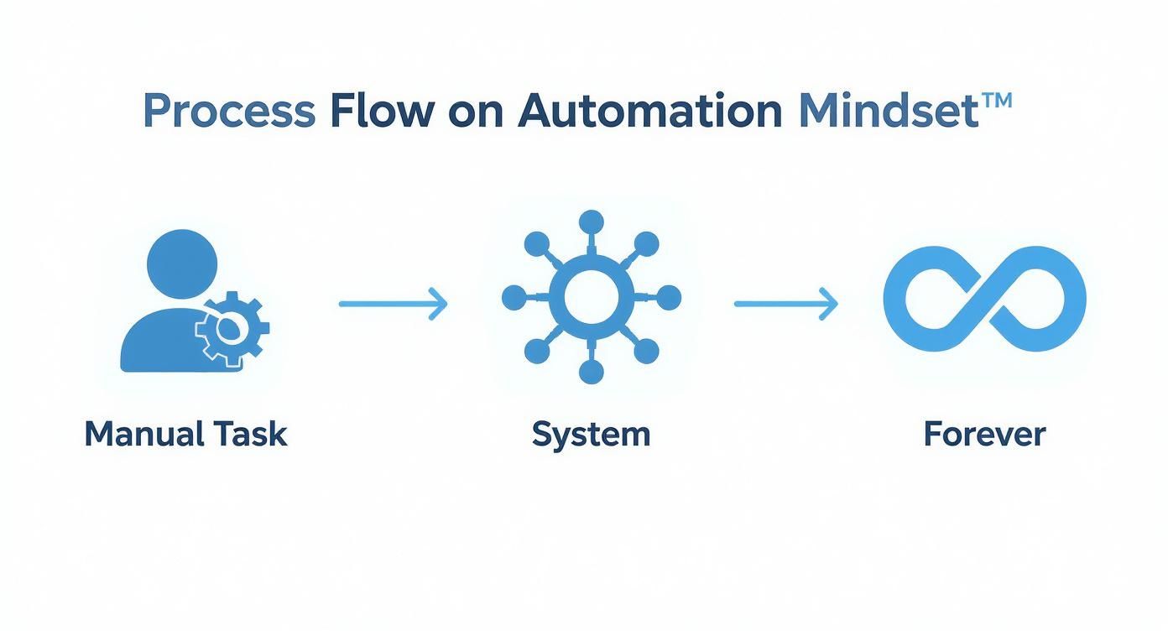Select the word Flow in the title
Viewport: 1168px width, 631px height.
point(382,110)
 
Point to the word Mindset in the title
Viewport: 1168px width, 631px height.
point(888,110)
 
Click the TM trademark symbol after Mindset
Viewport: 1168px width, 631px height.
point(997,102)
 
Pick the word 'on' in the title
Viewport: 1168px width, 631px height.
point(474,112)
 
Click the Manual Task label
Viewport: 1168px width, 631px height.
point(185,435)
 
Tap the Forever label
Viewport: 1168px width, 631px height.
point(984,435)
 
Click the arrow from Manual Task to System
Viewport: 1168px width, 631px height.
point(393,303)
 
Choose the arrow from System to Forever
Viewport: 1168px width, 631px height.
point(786,303)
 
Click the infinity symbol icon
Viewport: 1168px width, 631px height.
point(984,299)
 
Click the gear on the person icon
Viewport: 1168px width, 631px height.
point(232,330)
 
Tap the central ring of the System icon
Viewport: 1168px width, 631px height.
point(592,297)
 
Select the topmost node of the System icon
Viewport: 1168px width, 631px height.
point(592,222)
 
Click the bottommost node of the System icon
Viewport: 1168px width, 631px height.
point(592,372)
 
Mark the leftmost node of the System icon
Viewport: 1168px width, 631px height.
point(514,297)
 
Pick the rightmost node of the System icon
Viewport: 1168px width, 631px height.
point(669,297)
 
